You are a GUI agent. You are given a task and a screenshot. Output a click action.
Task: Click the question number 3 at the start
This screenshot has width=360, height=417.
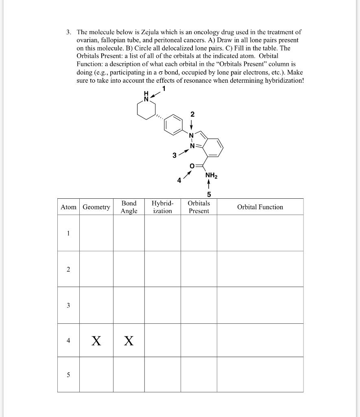(x=69, y=32)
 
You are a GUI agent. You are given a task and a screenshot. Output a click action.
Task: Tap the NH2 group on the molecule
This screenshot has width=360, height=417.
(x=211, y=176)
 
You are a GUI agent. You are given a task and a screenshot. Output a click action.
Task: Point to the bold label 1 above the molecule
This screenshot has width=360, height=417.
(x=164, y=89)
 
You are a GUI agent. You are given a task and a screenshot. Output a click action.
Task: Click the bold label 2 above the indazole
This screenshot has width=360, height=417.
(x=193, y=115)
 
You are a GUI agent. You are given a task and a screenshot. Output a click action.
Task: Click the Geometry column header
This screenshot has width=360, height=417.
(x=96, y=207)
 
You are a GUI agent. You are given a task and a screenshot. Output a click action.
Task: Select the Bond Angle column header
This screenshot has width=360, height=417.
(x=129, y=207)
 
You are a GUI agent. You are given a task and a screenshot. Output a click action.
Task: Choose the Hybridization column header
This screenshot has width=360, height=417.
(x=162, y=207)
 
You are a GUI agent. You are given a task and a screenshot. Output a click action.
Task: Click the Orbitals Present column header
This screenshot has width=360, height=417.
(x=199, y=207)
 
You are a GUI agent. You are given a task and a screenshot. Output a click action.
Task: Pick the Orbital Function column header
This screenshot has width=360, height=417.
(x=260, y=207)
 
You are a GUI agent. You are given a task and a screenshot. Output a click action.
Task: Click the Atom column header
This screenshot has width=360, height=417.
(x=68, y=207)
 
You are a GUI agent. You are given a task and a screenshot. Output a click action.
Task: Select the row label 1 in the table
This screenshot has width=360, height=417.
(x=68, y=233)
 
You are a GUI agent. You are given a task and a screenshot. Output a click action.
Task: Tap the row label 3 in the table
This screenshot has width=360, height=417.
(x=68, y=305)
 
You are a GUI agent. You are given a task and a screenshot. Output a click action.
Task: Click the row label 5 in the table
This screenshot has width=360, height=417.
(x=68, y=375)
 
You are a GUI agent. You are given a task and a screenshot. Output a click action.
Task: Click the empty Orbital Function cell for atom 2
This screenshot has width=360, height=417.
(x=260, y=269)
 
